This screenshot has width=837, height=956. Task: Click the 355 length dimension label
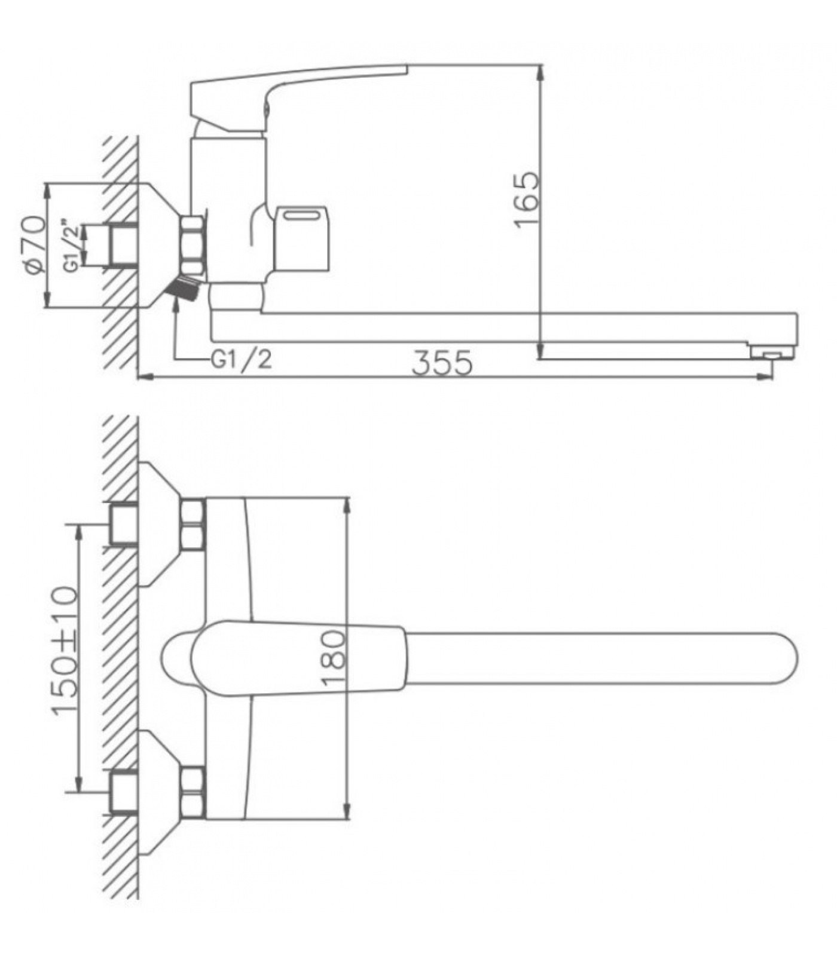(443, 363)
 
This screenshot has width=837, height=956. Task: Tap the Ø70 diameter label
(35, 245)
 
